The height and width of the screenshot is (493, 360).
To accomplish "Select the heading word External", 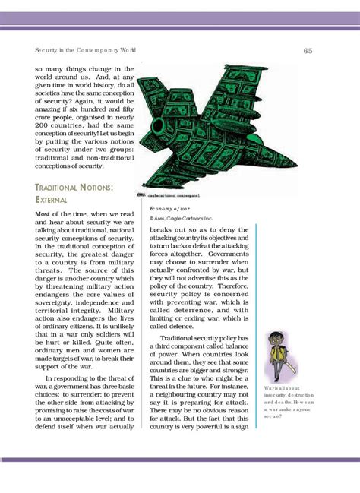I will click(52, 199).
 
